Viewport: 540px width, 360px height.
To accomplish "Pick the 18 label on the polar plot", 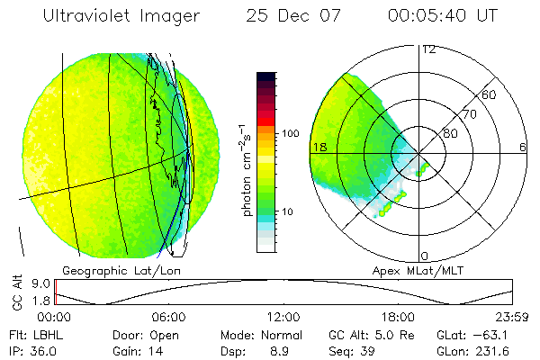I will (x=319, y=147).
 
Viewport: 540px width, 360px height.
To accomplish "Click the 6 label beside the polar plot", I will (x=523, y=147).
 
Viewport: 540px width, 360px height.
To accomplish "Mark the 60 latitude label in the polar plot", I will (x=490, y=94).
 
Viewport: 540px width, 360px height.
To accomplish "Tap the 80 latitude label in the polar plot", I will (x=451, y=133).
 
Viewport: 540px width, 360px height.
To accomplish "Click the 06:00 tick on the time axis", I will (x=169, y=317).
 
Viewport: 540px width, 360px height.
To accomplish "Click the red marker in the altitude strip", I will (x=56, y=292).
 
